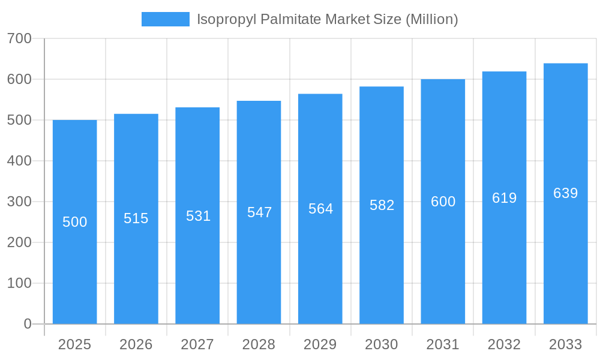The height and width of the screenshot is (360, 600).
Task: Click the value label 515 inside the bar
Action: point(136,218)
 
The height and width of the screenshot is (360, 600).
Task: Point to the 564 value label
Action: point(320,209)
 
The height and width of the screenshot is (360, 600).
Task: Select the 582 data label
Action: point(382,205)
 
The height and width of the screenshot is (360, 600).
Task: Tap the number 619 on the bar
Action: point(504,198)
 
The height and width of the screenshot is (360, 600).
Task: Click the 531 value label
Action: point(198,216)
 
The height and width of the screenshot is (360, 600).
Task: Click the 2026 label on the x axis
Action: point(136,344)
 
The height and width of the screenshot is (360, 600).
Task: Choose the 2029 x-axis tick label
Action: point(320,344)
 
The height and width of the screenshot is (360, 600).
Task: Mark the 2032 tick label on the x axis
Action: point(504,344)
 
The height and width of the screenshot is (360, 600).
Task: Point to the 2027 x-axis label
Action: point(197,344)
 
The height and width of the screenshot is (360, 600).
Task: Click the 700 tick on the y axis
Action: point(19,38)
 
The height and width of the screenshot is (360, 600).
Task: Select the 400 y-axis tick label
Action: point(19,161)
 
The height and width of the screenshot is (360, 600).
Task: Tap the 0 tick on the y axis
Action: point(28,324)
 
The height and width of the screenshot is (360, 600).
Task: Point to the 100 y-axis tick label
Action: point(19,283)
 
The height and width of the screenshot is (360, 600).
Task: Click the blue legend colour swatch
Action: point(166,19)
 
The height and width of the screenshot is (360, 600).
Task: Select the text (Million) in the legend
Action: point(432,19)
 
